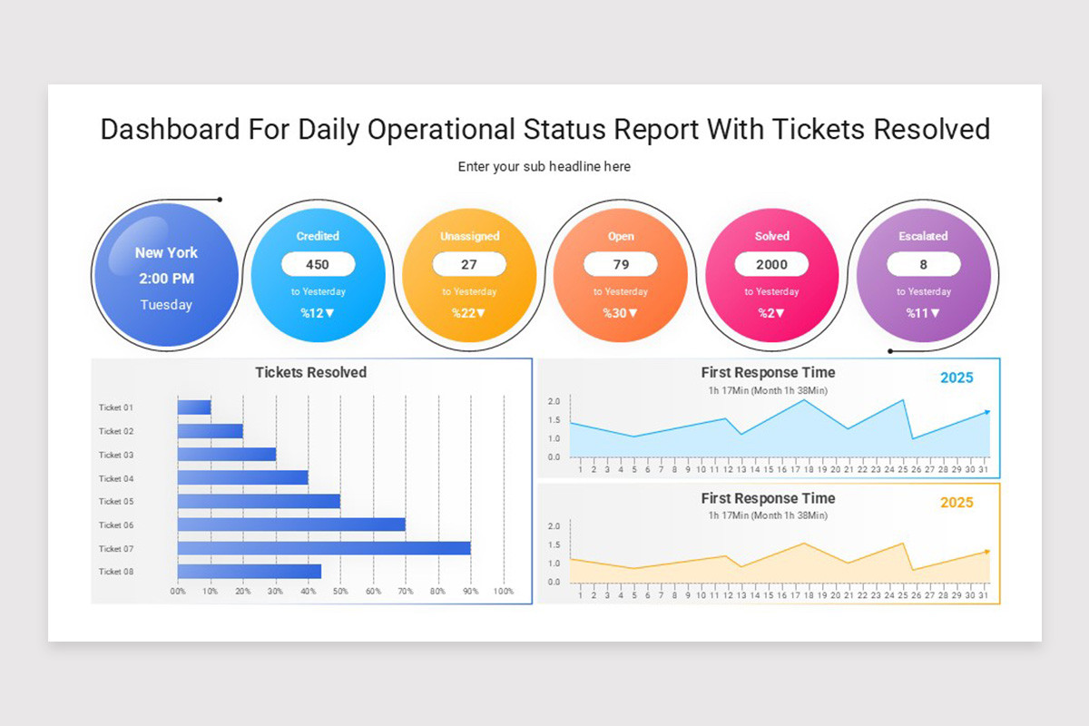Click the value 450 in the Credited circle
click(318, 264)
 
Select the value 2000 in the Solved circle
click(771, 264)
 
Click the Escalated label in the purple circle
click(923, 236)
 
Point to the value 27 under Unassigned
click(469, 264)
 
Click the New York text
click(166, 252)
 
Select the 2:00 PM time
click(166, 279)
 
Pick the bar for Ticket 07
click(324, 548)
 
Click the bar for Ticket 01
click(194, 407)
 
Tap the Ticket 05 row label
click(116, 501)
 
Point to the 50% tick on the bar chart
click(340, 591)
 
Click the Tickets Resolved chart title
click(310, 372)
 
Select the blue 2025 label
click(957, 378)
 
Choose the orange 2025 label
click(957, 503)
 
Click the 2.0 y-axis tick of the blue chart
click(554, 401)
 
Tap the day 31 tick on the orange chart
click(983, 595)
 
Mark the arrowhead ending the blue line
click(986, 412)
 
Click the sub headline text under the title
click(544, 167)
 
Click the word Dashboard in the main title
click(171, 129)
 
